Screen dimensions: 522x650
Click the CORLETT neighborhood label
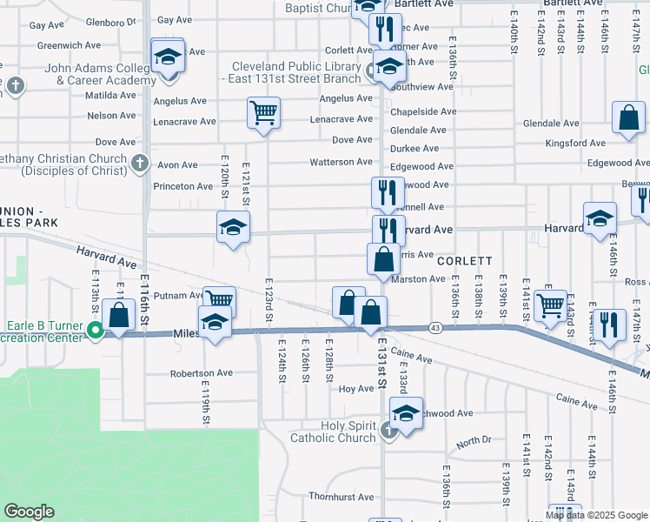tap(465, 261)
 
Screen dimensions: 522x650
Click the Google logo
tap(29, 512)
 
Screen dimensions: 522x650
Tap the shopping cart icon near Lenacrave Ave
tap(263, 111)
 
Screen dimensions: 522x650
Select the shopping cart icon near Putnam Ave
tap(219, 301)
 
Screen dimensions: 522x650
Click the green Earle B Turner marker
tap(96, 329)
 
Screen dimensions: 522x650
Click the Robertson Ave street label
tap(201, 373)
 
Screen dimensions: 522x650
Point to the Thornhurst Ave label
tap(341, 497)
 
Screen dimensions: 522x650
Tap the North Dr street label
tap(474, 440)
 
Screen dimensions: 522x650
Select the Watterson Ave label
tap(342, 162)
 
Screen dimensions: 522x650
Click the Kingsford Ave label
tap(575, 143)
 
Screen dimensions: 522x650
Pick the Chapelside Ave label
tap(423, 111)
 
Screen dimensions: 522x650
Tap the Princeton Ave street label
tap(183, 186)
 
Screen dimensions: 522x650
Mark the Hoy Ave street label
tap(355, 389)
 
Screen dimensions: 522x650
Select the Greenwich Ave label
tap(59, 45)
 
